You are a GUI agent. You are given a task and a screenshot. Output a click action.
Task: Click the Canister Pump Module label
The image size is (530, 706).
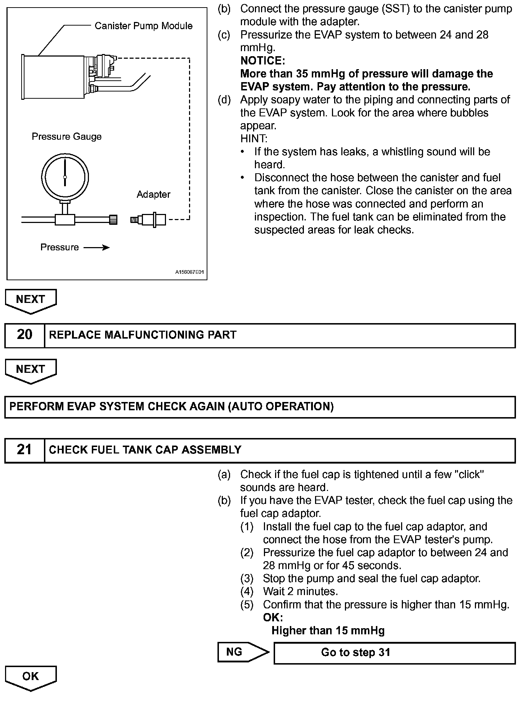(143, 26)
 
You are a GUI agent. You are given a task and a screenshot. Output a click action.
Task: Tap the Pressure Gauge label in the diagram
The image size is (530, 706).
(67, 137)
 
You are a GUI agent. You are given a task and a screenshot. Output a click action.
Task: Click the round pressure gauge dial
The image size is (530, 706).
(65, 177)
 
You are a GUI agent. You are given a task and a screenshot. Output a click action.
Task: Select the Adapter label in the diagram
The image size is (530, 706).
(153, 195)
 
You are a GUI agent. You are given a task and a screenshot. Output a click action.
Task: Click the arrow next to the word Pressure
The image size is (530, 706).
(96, 247)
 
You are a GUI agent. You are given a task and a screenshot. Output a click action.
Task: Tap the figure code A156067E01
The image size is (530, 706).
(189, 272)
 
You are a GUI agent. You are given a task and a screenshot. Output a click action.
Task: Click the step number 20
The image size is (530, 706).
(24, 335)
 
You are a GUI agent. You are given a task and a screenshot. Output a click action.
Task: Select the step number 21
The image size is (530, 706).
(24, 450)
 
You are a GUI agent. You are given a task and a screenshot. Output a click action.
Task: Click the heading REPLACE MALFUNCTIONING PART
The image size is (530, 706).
(143, 335)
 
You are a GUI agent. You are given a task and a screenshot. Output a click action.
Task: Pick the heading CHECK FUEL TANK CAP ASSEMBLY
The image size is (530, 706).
(145, 450)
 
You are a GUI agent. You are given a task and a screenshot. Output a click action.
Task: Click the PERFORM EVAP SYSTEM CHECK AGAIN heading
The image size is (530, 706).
(171, 407)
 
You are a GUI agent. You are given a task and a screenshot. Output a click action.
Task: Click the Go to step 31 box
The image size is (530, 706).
(394, 652)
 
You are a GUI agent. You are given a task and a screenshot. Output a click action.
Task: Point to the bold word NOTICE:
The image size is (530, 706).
(262, 61)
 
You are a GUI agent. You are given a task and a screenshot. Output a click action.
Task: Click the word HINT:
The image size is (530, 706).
(254, 139)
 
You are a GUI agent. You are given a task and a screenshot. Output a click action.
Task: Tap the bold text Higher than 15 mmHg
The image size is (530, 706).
(328, 631)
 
